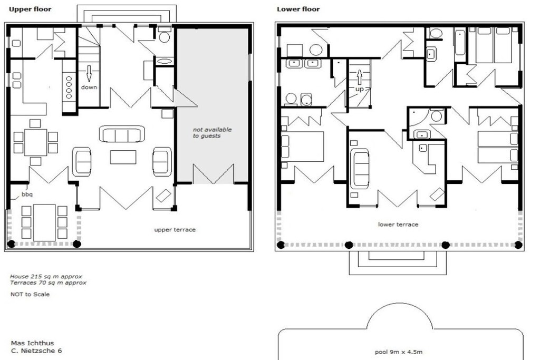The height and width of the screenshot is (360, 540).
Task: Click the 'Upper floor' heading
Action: tap(30, 9)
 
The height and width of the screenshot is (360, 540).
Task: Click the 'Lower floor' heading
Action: tap(298, 9)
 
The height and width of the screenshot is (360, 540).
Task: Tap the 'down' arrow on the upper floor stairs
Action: tap(89, 73)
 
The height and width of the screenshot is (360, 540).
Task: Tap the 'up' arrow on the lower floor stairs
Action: tap(359, 77)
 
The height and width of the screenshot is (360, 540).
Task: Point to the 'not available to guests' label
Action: tap(212, 132)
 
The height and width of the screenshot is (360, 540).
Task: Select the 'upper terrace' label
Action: tap(175, 230)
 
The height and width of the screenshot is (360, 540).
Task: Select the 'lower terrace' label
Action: tap(398, 225)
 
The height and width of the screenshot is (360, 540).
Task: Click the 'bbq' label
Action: tap(27, 194)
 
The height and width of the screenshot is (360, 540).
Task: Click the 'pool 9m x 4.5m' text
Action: tap(399, 352)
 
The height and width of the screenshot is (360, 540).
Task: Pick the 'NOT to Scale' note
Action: tap(30, 294)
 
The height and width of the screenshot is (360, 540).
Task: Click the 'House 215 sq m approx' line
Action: tap(46, 276)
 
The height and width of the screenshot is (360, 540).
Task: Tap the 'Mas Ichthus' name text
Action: tap(32, 343)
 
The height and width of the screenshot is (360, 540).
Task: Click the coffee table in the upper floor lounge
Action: tap(123, 157)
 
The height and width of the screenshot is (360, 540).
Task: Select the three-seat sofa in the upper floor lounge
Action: tap(122, 134)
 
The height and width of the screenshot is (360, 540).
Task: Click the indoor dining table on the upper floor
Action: tap(35, 142)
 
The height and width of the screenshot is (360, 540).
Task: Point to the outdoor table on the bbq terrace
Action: tap(44, 222)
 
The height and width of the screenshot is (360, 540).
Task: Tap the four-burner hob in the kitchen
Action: tap(69, 87)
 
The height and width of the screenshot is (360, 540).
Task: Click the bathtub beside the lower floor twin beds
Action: tap(460, 43)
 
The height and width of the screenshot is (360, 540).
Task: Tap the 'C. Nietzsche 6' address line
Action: tap(36, 351)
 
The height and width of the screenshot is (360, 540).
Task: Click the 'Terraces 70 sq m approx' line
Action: tap(48, 283)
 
